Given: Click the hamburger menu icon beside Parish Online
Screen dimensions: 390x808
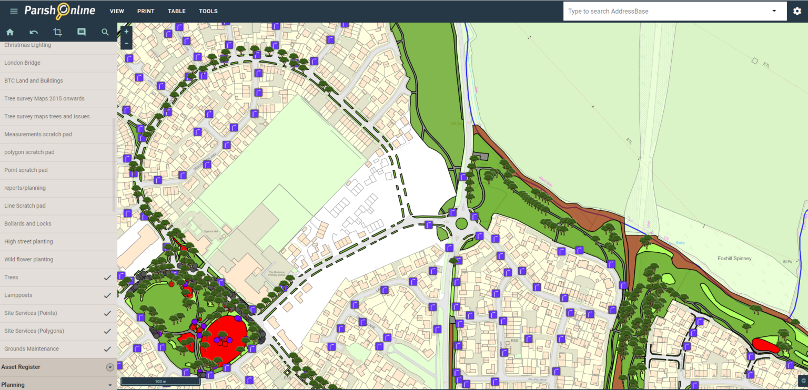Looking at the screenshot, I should pos(14,11).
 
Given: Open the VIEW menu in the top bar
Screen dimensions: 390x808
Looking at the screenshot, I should pos(117,11).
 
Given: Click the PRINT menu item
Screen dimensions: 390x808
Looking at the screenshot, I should pos(146,11).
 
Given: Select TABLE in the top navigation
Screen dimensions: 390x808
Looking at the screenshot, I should pos(177,11).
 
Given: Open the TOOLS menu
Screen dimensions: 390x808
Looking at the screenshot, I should pos(208,11).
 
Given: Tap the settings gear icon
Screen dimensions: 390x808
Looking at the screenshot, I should pos(797,11).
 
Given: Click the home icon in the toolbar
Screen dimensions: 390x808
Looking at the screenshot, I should pos(10,32).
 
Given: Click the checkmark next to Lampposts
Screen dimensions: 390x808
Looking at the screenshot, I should pos(107,295).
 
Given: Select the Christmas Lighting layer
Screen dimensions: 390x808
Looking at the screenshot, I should pos(28,45).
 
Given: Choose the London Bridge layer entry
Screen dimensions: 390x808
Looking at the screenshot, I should pos(23,63).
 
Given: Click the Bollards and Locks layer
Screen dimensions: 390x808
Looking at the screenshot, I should pos(28,224).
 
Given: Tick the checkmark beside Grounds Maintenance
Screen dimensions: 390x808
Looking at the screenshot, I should pos(107,349).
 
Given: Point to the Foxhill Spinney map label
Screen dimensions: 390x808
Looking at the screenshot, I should pos(734,259).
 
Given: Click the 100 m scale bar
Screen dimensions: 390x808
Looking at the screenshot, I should pos(160,382).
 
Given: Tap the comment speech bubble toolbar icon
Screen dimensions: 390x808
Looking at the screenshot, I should pos(82,32).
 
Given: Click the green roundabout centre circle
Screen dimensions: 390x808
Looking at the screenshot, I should pos(461,223).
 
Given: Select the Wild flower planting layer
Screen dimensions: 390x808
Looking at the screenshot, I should pos(29,260).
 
